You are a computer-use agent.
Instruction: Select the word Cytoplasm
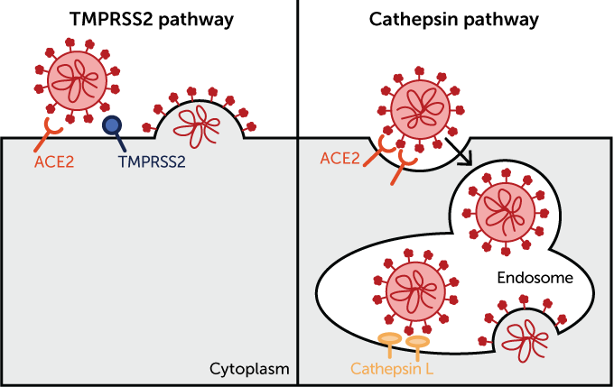(249, 368)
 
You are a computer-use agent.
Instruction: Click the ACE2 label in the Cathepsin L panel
(340, 159)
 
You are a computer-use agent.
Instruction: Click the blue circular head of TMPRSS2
(112, 126)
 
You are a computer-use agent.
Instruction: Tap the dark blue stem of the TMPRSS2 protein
(121, 142)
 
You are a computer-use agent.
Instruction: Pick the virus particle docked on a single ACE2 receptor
(77, 78)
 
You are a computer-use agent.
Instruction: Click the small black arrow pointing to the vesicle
(464, 160)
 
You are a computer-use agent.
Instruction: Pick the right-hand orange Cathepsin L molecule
(418, 345)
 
